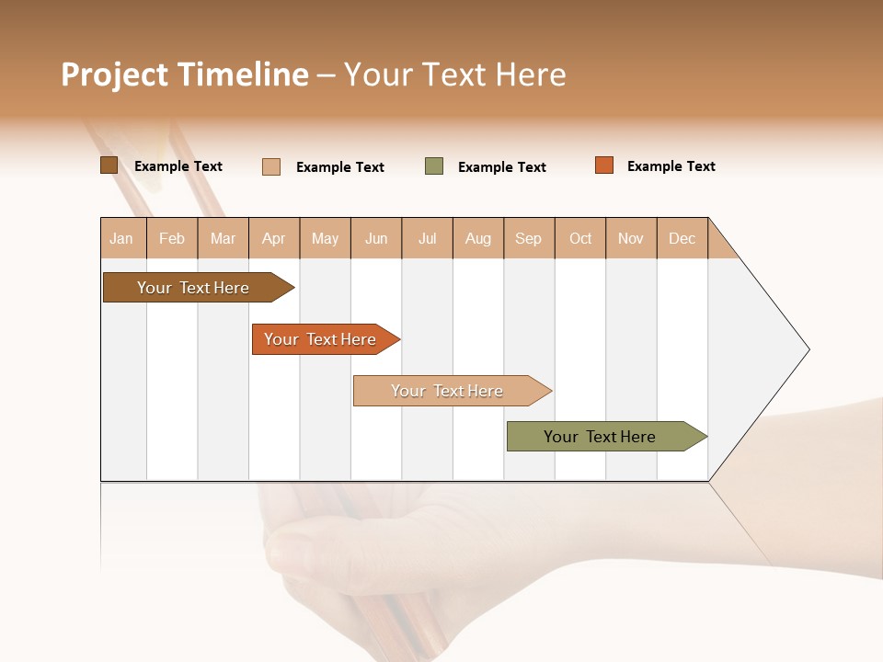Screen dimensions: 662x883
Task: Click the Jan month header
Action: click(x=122, y=238)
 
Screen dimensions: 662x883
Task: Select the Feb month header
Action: click(x=172, y=238)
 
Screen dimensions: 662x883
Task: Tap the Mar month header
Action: click(x=223, y=238)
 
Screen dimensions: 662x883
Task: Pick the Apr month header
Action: click(x=274, y=238)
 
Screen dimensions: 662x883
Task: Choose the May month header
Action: click(x=325, y=238)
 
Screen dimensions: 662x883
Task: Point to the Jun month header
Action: click(x=376, y=238)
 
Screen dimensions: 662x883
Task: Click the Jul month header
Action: click(x=427, y=238)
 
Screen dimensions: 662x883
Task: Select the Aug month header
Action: click(x=478, y=238)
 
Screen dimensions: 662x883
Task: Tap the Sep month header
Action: click(x=529, y=238)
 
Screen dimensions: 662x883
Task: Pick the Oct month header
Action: click(x=580, y=238)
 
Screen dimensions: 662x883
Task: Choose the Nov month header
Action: click(x=631, y=238)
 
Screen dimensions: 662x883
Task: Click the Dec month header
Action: click(x=682, y=238)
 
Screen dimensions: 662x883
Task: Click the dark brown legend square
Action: click(x=109, y=165)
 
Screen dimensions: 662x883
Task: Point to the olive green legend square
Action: click(x=434, y=166)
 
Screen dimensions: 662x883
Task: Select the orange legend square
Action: click(x=603, y=165)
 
